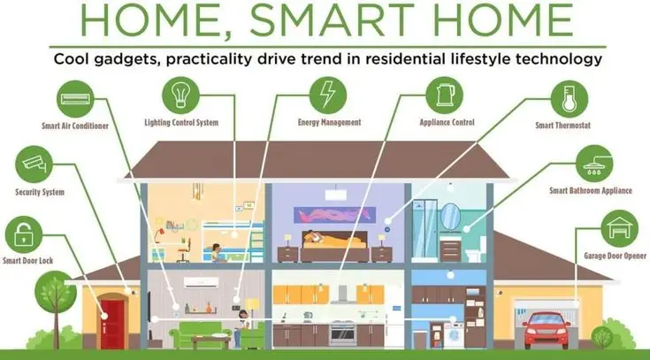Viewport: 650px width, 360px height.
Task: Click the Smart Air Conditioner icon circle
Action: click(75, 99)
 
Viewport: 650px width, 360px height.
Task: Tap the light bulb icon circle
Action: click(180, 95)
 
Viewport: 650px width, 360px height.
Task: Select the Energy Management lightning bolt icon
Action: click(328, 95)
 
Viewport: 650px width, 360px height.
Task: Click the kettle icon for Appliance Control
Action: click(445, 95)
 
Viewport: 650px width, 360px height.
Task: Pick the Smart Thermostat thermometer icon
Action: click(570, 99)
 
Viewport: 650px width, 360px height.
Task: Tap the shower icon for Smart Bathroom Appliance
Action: click(594, 164)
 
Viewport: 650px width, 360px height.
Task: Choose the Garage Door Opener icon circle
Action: click(620, 228)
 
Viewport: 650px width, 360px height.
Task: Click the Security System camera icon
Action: click(34, 164)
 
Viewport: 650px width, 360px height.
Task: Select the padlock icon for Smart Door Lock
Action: click(24, 234)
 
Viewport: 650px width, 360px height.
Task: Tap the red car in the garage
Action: click(546, 330)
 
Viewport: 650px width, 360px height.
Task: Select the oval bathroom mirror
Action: click(450, 216)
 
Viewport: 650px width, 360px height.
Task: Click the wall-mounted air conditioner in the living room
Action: click(201, 282)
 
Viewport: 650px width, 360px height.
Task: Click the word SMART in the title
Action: click(332, 20)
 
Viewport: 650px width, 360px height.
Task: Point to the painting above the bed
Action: click(335, 215)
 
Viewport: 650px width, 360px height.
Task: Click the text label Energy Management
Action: click(330, 122)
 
